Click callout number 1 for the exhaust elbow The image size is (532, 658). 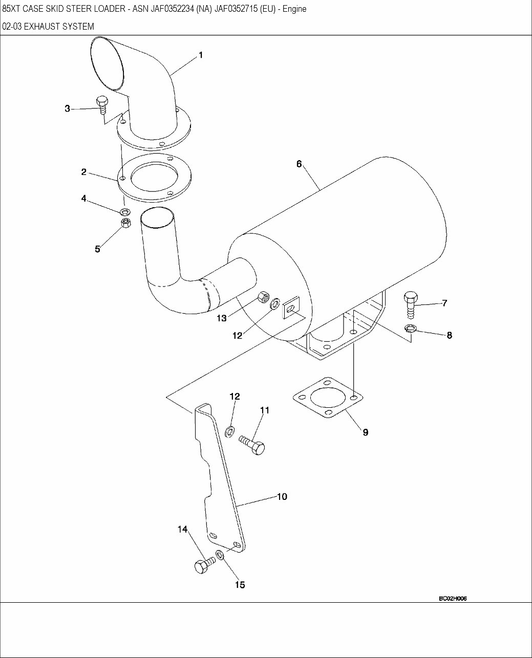point(201,55)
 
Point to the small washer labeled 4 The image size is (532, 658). point(124,211)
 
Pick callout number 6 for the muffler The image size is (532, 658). point(299,164)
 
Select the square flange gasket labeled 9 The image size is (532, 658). point(328,398)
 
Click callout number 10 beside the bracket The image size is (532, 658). point(282,496)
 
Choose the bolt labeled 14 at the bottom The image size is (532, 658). point(203,565)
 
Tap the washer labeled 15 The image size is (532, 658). point(220,555)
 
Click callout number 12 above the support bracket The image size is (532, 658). point(235,396)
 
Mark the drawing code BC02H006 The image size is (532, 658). point(453,599)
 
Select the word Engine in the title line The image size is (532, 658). point(294,9)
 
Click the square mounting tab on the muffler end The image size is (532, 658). point(290,308)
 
